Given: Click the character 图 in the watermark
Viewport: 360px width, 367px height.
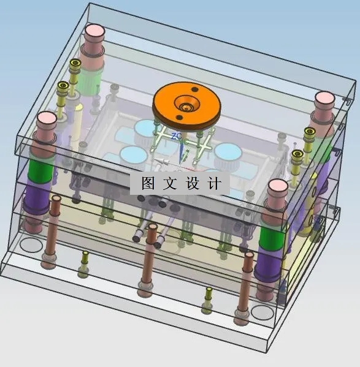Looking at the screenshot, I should (x=147, y=183).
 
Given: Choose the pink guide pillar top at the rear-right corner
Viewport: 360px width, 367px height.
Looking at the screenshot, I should (x=324, y=98).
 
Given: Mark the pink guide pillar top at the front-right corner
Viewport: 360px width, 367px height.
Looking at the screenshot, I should (x=277, y=187).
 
